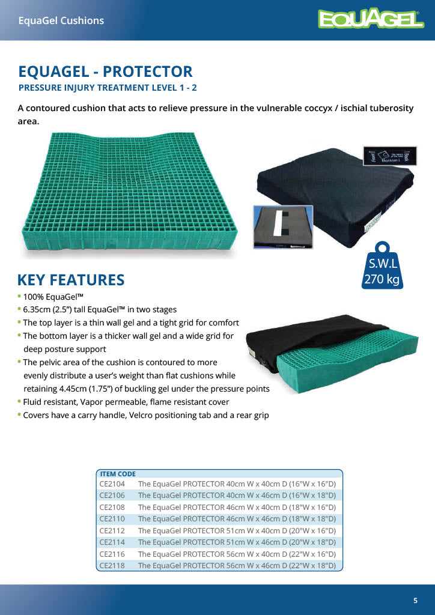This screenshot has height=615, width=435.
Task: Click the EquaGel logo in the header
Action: click(x=371, y=20)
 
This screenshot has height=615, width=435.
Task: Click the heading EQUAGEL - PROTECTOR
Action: click(x=105, y=72)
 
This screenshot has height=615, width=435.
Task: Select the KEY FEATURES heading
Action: click(x=71, y=280)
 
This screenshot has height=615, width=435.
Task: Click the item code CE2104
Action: click(x=112, y=483)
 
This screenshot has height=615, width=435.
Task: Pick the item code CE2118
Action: click(x=112, y=565)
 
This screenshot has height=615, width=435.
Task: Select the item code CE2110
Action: click(x=112, y=518)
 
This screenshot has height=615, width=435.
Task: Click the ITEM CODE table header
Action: click(x=118, y=474)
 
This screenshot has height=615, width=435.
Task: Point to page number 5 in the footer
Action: click(x=415, y=601)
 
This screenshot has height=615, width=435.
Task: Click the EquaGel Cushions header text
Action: click(x=61, y=20)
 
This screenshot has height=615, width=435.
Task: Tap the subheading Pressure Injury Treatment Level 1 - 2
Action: click(x=108, y=88)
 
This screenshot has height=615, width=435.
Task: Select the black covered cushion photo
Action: click(x=336, y=186)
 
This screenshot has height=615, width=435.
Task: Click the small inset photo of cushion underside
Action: click(x=282, y=227)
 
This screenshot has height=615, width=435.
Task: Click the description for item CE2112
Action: click(x=237, y=530)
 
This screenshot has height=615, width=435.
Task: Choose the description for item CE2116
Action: click(x=237, y=554)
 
